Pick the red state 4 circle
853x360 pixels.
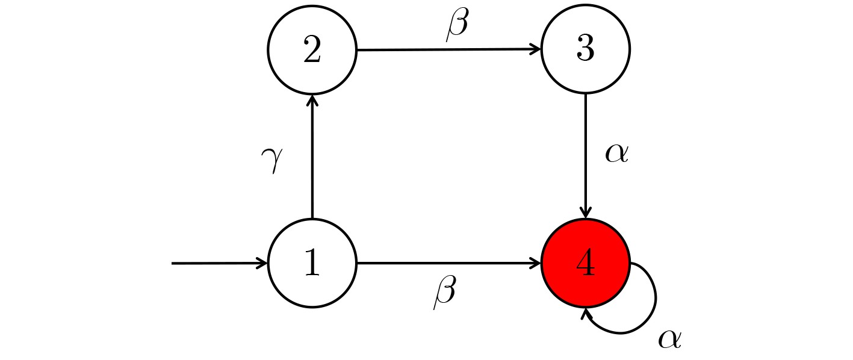coord(586,263)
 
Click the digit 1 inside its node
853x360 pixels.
coord(312,262)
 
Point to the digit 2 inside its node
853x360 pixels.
coord(312,49)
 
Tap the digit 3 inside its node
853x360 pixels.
coord(586,49)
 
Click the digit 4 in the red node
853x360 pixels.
coord(586,262)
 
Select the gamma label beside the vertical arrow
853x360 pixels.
coord(272,160)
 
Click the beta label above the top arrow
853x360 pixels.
coord(457,24)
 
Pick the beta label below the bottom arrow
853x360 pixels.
coord(445,293)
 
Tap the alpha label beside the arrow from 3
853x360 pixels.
coord(617,154)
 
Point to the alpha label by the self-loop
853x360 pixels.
coord(670,339)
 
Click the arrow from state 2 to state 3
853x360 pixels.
coord(449,49)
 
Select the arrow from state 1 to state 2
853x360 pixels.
coord(312,157)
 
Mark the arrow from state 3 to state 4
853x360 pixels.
coord(586,156)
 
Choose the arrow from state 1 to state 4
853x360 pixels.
coord(449,263)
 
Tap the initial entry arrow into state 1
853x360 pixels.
coord(220,263)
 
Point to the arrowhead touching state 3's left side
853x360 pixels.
coord(536,49)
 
